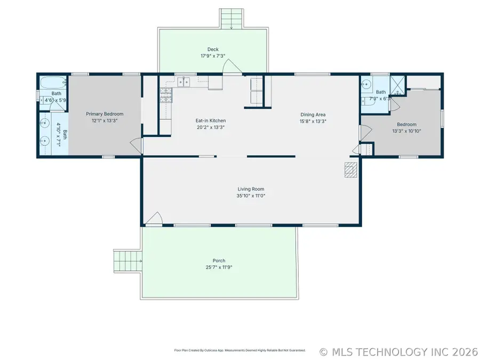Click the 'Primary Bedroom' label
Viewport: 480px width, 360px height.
[105, 114]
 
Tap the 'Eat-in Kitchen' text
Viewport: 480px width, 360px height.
[211, 121]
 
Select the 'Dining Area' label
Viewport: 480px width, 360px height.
[313, 114]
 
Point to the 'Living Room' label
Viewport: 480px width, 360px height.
[251, 189]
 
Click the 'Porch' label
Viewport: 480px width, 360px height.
[219, 261]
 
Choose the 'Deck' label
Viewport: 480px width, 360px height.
[213, 49]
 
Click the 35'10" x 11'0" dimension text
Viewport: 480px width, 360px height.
[251, 196]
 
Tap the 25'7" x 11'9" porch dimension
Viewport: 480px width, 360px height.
[219, 267]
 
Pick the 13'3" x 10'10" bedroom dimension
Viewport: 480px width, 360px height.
[406, 131]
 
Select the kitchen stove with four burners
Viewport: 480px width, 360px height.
[165, 95]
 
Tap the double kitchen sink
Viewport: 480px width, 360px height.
[184, 82]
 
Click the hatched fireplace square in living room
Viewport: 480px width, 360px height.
[350, 169]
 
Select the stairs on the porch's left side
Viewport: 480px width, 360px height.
[126, 261]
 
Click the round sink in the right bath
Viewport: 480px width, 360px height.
[366, 84]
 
